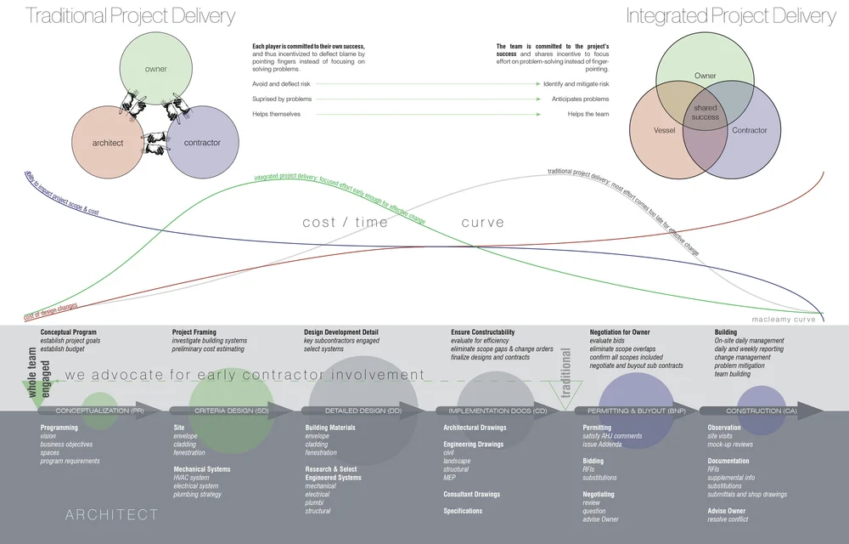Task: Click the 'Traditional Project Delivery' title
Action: pyautogui.click(x=130, y=15)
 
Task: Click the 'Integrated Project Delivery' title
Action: pyautogui.click(x=731, y=15)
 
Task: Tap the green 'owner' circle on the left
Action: pyautogui.click(x=155, y=69)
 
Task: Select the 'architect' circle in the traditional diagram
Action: pyautogui.click(x=108, y=143)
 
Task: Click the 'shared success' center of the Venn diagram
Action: pyautogui.click(x=706, y=112)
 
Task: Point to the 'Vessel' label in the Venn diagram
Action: pyautogui.click(x=665, y=131)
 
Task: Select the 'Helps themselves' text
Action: pyautogui.click(x=276, y=114)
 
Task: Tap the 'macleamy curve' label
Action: pyautogui.click(x=783, y=320)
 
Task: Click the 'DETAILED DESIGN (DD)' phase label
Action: pyautogui.click(x=363, y=411)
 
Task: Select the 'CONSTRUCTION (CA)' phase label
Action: pyautogui.click(x=761, y=411)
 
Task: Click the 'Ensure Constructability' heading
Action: pyautogui.click(x=482, y=332)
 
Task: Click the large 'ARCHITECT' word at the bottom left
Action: pyautogui.click(x=112, y=514)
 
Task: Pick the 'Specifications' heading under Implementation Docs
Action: pyautogui.click(x=463, y=511)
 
